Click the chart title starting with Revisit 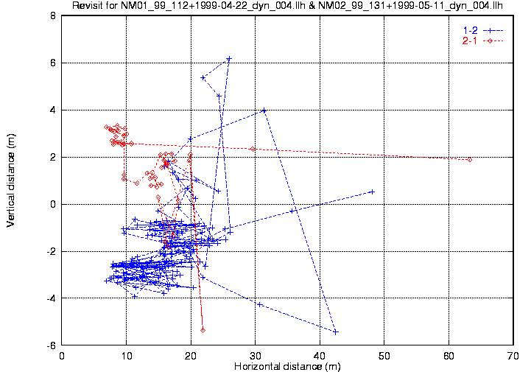pos(287,7)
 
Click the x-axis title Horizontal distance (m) pos(286,366)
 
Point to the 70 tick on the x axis pos(513,356)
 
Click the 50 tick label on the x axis pos(384,356)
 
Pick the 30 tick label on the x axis pos(255,356)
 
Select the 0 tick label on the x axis pos(62,356)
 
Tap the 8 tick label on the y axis pos(52,15)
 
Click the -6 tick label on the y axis pos(50,345)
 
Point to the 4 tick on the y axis pos(52,110)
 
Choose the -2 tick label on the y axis pos(50,251)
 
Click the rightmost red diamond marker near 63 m pos(470,159)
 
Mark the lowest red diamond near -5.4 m pos(203,330)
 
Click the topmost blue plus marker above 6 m pos(229,59)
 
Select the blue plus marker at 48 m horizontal pos(372,192)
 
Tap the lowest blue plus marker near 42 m pos(336,331)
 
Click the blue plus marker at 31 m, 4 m pos(264,110)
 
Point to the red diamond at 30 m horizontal pos(253,149)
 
